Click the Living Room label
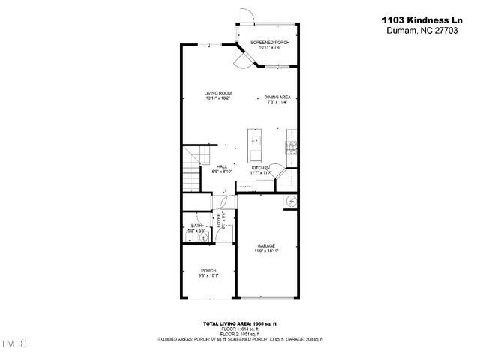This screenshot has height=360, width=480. click(217, 93)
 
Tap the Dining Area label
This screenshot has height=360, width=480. click(277, 97)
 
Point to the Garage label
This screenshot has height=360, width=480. click(267, 245)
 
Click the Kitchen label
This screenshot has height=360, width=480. click(260, 167)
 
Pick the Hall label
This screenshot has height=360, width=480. click(222, 166)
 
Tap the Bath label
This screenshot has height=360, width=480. click(196, 225)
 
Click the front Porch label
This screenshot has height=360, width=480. click(208, 270)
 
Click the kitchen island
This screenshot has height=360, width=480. click(255, 142)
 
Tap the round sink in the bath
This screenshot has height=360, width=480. click(202, 237)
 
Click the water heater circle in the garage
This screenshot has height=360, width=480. click(289, 201)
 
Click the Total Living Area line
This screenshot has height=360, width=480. click(240, 323)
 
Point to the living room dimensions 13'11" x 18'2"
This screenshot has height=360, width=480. click(217, 98)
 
